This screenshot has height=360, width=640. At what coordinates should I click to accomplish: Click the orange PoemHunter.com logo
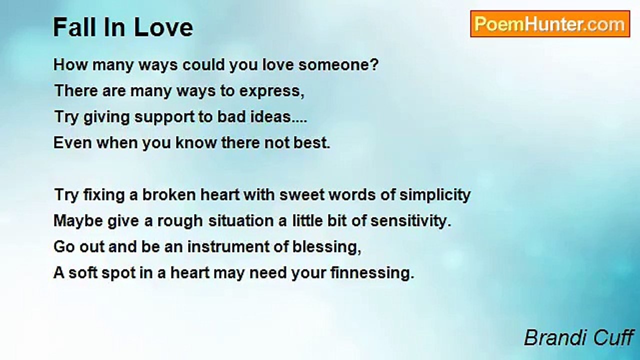point(550,24)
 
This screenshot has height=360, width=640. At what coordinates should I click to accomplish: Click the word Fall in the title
point(75,27)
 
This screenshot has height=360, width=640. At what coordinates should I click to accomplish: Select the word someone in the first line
point(338,64)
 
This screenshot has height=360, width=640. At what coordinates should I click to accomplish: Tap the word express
point(271,91)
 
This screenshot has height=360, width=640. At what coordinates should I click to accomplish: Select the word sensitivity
point(411,221)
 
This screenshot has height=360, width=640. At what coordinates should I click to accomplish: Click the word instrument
point(228,247)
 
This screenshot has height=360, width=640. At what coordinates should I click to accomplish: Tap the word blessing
point(327,247)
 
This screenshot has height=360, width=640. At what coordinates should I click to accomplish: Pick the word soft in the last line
point(83,272)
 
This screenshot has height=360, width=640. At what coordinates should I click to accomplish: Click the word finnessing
point(372,273)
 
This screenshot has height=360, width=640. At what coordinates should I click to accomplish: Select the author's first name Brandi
point(554,337)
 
